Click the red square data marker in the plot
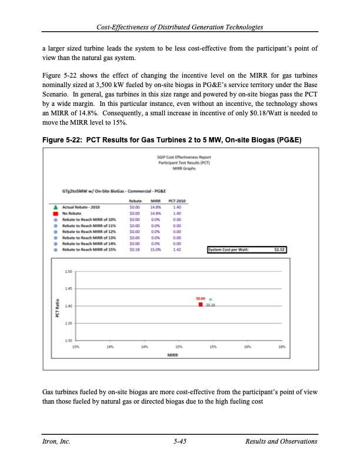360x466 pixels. click(202, 305)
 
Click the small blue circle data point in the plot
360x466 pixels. click(211, 299)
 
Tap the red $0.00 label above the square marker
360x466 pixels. click(201, 299)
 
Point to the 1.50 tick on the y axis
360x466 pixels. click(69, 272)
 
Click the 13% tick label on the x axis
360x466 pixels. click(76, 347)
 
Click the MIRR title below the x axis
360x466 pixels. click(173, 355)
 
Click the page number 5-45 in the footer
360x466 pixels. click(179, 441)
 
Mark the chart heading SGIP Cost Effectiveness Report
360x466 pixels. click(181, 157)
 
